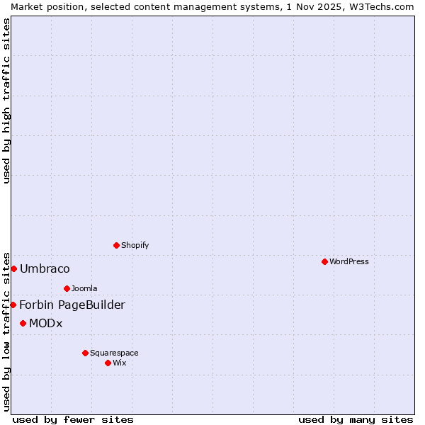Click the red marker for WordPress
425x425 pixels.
pyautogui.click(x=324, y=261)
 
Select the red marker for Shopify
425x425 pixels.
pyautogui.click(x=116, y=245)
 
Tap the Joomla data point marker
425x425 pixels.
pyautogui.click(x=67, y=288)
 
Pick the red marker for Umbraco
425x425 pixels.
pyautogui.click(x=13, y=268)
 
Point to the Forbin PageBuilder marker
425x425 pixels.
pyautogui.click(x=13, y=305)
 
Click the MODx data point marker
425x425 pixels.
pyautogui.click(x=23, y=323)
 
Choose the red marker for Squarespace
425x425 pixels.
pyautogui.click(x=85, y=353)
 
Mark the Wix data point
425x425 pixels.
pyautogui.click(x=108, y=363)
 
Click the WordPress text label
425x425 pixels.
pyautogui.click(x=349, y=261)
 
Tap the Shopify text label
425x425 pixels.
pyautogui.click(x=135, y=245)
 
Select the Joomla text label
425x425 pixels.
pyautogui.click(x=84, y=288)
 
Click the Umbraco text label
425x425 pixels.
pyautogui.click(x=45, y=268)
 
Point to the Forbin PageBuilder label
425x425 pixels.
pyautogui.click(x=72, y=305)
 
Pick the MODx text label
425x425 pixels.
pyautogui.click(x=46, y=323)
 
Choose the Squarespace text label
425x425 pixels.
pyautogui.click(x=114, y=353)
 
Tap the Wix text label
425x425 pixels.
pyautogui.click(x=120, y=363)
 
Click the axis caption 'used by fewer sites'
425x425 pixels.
pyautogui.click(x=73, y=419)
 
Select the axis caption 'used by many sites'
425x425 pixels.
pyautogui.click(x=356, y=419)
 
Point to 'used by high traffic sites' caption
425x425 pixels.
pyautogui.click(x=7, y=101)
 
